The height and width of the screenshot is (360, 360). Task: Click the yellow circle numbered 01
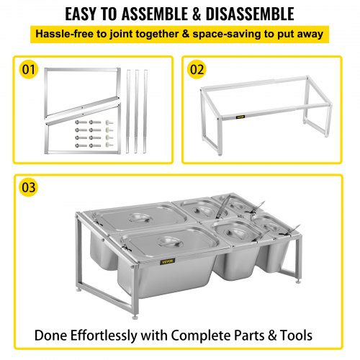[29, 69]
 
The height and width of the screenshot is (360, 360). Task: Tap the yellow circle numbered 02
[197, 69]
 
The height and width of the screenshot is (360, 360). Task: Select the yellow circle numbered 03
[29, 187]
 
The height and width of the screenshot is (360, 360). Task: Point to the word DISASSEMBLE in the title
[250, 14]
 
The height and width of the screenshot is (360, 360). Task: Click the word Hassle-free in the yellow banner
[64, 34]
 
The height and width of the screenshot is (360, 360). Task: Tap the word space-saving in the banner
[227, 35]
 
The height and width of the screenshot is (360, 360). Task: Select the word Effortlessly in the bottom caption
[104, 336]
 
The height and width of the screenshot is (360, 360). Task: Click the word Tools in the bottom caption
[297, 336]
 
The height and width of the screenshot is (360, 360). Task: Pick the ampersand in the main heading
[197, 14]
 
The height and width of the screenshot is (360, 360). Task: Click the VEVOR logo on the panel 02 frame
[240, 117]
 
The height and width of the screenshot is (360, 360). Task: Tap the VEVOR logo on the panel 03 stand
[168, 261]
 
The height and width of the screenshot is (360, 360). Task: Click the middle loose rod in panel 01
[136, 112]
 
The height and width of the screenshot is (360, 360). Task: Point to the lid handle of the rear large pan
[140, 217]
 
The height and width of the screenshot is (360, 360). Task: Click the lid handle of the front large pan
[170, 242]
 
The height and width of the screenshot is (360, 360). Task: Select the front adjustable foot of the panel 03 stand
[135, 317]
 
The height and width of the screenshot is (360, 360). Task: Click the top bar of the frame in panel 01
[82, 70]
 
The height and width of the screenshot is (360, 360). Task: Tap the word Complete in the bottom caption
[201, 336]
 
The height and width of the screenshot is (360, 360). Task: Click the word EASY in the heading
[81, 14]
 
